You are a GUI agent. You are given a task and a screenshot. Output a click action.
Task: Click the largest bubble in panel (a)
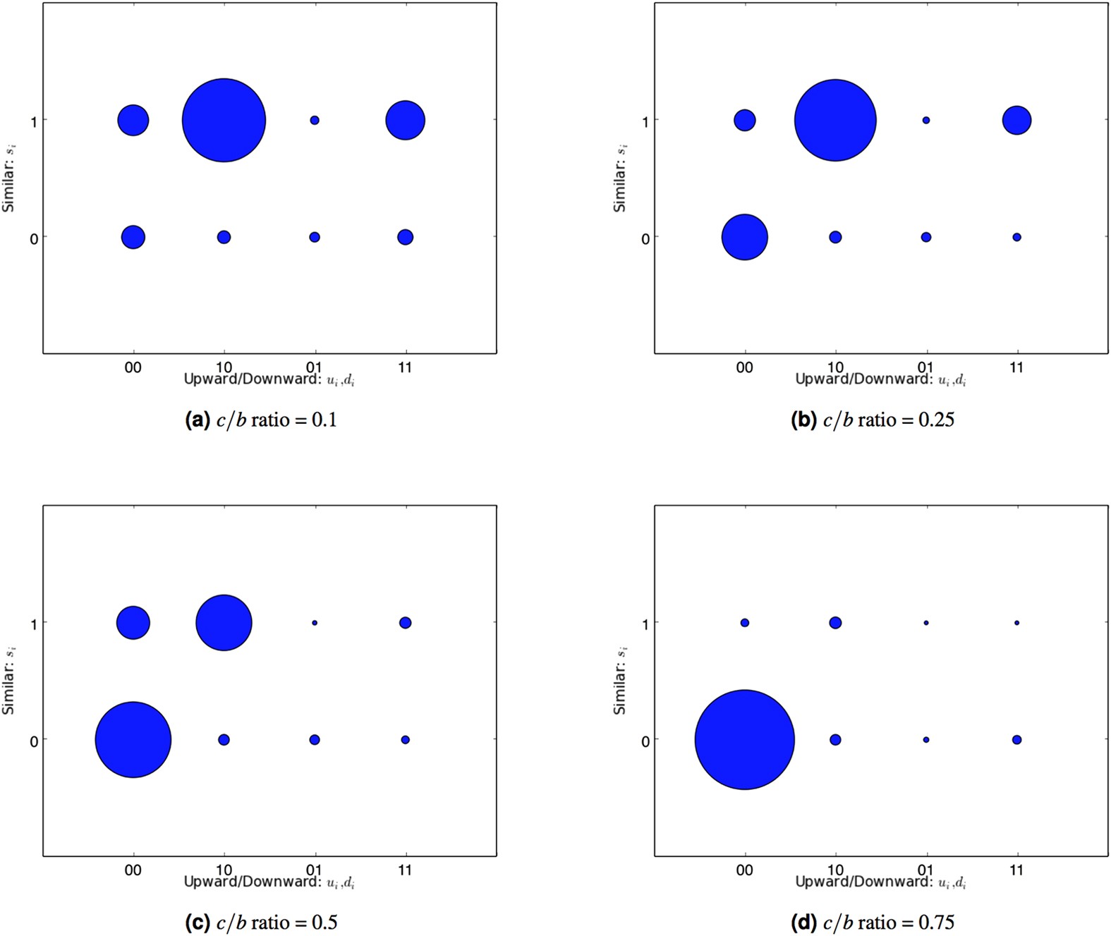click(224, 120)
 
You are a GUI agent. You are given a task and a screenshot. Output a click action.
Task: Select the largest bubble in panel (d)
click(744, 739)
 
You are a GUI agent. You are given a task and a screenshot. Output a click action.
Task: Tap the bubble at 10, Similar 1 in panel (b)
click(835, 120)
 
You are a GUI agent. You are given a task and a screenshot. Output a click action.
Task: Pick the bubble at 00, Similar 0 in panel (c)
click(133, 739)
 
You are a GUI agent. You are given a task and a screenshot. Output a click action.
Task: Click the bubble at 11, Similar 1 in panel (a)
click(405, 120)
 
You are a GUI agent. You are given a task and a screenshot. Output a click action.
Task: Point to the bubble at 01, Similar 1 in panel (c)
click(315, 623)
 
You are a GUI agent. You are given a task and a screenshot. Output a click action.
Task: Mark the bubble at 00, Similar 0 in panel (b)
click(744, 237)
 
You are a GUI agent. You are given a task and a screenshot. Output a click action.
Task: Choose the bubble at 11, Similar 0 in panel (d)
click(1016, 740)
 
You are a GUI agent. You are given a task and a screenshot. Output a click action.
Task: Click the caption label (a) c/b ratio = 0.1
click(260, 420)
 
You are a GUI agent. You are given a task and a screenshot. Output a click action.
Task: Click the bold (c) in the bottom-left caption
click(197, 923)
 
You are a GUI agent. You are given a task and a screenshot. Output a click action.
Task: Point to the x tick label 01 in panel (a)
click(314, 367)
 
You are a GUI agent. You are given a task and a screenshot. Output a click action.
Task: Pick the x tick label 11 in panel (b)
click(1016, 367)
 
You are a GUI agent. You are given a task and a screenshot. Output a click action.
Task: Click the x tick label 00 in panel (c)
click(133, 870)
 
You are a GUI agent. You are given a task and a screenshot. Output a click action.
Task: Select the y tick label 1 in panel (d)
click(645, 624)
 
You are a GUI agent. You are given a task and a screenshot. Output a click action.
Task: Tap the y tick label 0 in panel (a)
click(34, 239)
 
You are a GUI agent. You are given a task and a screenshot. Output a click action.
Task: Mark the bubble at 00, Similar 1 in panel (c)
click(133, 623)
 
